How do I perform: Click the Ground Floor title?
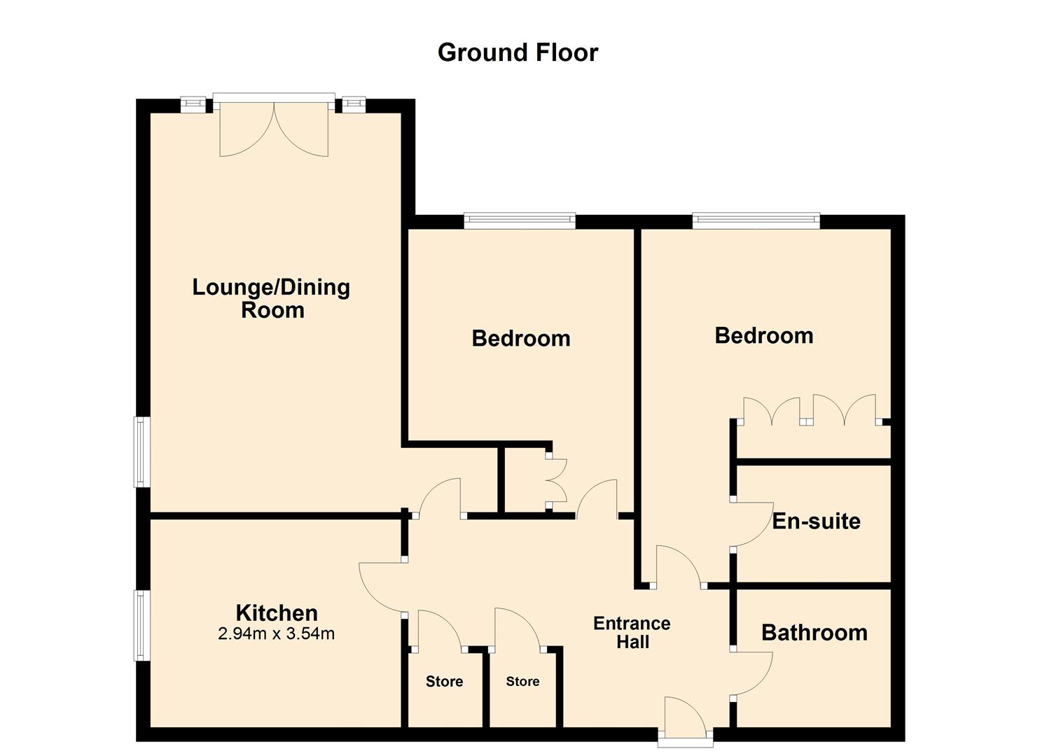(518, 52)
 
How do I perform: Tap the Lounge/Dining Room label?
(271, 298)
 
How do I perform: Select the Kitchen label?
(277, 612)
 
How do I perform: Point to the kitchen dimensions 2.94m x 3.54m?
(276, 633)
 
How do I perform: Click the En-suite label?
(816, 521)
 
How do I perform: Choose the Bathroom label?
(814, 633)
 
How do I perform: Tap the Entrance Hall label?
(632, 633)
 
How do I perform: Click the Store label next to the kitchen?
(444, 681)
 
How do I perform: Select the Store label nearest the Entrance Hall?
(522, 681)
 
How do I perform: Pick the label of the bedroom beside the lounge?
(521, 338)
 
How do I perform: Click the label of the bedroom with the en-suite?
(764, 335)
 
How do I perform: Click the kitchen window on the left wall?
(141, 625)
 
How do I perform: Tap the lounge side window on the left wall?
(141, 452)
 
